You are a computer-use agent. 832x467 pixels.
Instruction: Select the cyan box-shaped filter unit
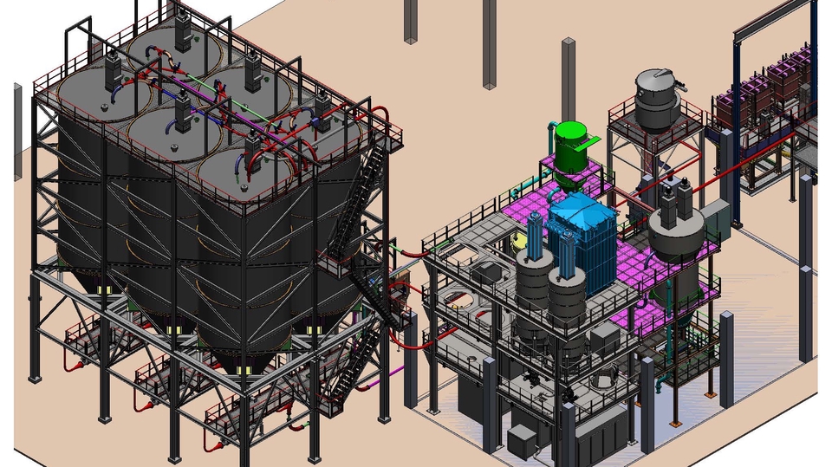pyautogui.click(x=582, y=245)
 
